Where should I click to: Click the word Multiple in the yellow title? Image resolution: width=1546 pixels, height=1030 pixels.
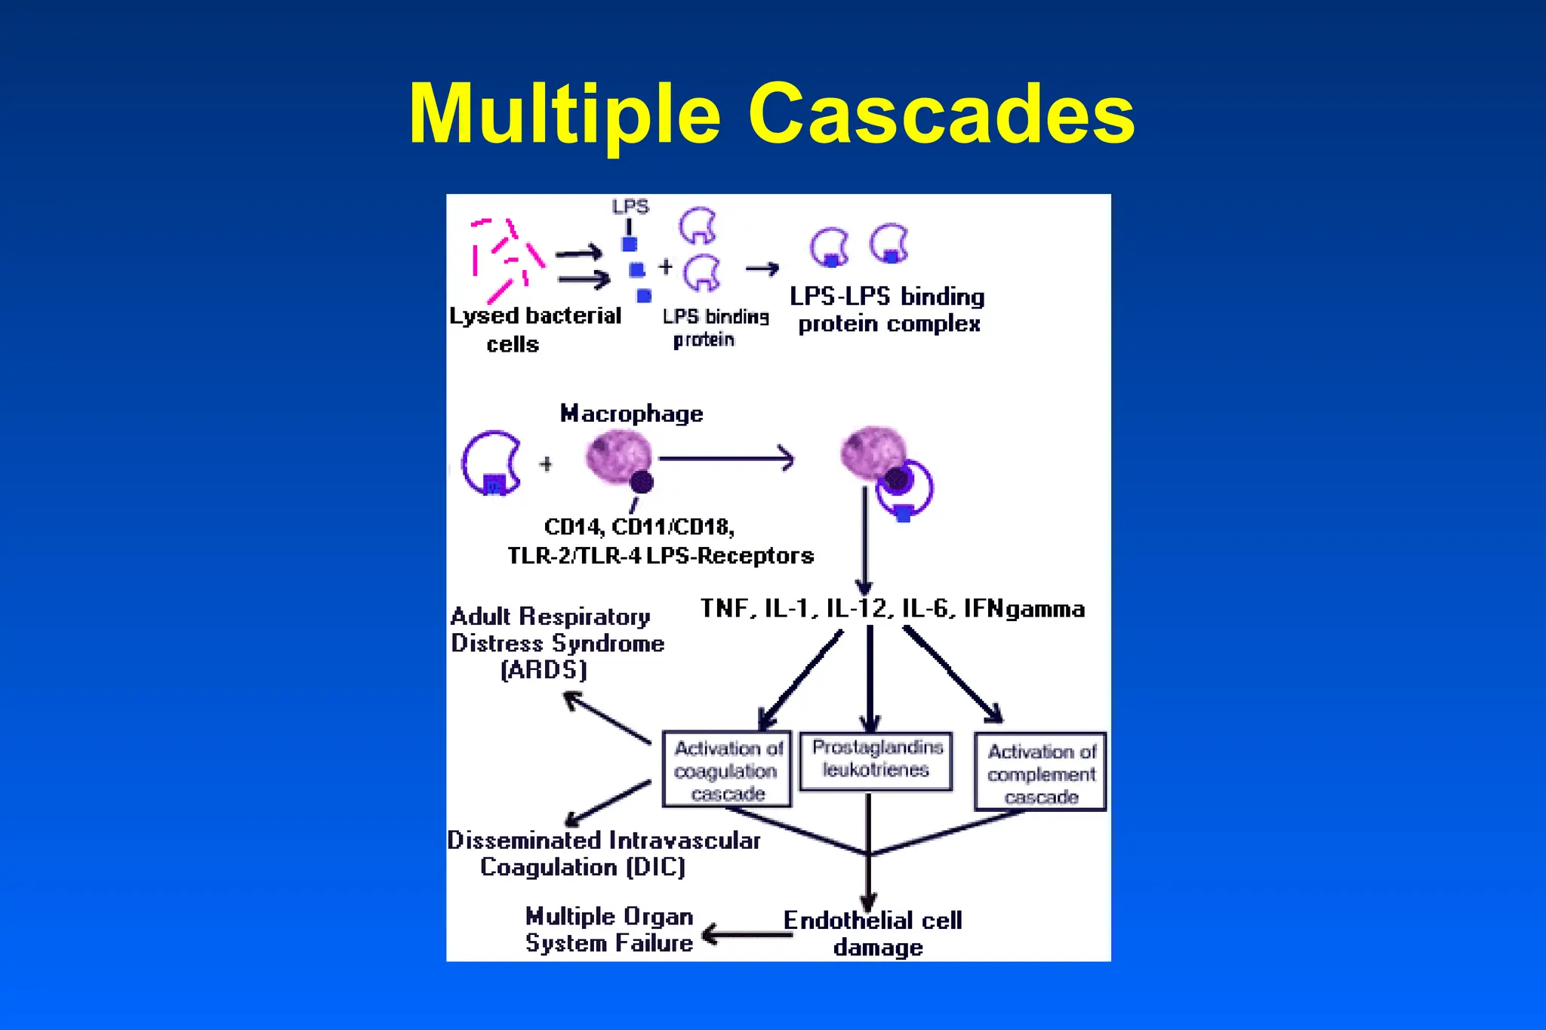(x=565, y=114)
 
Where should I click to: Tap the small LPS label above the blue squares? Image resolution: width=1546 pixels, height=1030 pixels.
(x=630, y=207)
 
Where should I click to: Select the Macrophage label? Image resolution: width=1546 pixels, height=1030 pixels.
(x=632, y=414)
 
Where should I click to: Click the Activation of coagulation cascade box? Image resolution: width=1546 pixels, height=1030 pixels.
(x=727, y=770)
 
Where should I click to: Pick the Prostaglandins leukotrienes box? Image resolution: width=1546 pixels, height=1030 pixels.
(x=876, y=760)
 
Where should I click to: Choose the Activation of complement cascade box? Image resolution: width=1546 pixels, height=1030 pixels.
(x=1040, y=773)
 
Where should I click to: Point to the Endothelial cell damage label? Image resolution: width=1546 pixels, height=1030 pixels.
(x=873, y=933)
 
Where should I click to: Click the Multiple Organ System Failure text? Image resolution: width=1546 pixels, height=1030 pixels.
(x=609, y=930)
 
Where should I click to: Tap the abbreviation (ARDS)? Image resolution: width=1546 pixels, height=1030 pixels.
(x=544, y=670)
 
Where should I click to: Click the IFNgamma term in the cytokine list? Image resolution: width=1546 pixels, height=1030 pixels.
(x=1024, y=608)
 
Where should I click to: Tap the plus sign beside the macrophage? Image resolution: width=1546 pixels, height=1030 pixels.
(x=546, y=464)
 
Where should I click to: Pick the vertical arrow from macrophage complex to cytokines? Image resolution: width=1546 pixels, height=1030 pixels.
(x=864, y=540)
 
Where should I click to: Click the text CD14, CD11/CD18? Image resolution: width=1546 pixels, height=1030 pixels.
(x=639, y=526)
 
